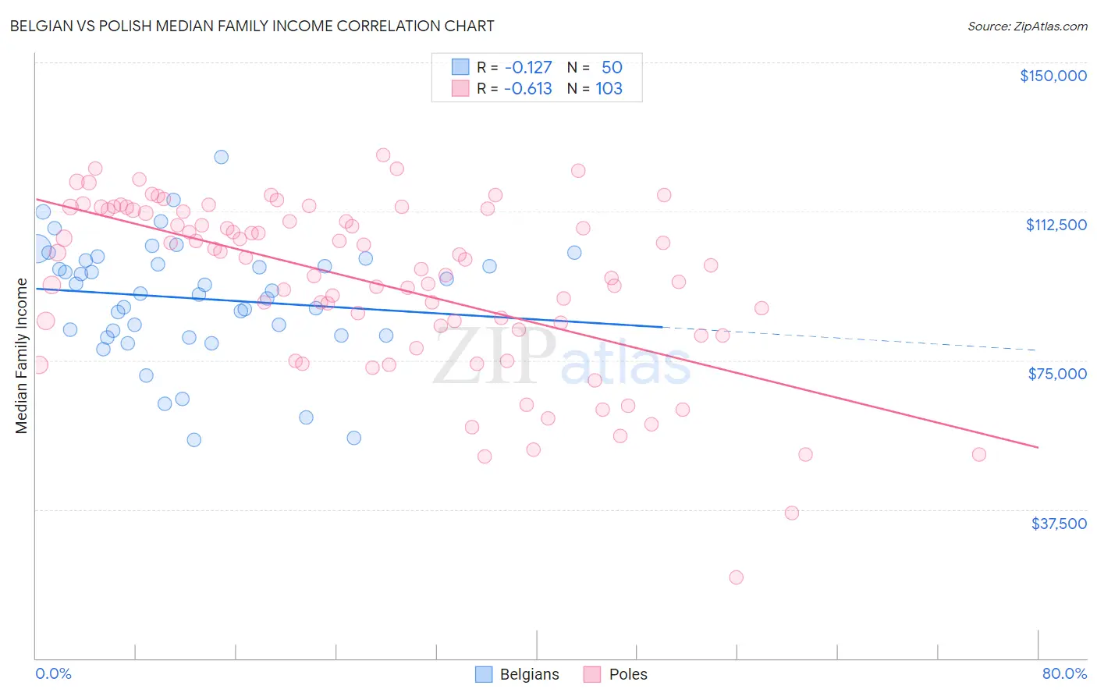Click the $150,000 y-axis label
[1053, 76]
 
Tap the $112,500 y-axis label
[1056, 225]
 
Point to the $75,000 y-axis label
[1057, 374]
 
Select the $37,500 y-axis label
[1059, 524]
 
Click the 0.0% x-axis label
[53, 673]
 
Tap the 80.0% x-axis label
[1064, 673]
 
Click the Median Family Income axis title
[22, 356]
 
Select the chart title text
[252, 26]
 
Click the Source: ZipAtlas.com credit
[1027, 27]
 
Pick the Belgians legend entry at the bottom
[517, 674]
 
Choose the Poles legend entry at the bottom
[616, 674]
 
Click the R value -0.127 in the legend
[527, 67]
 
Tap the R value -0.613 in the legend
[527, 88]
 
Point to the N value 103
[609, 88]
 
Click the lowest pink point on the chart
[736, 577]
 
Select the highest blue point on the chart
[222, 157]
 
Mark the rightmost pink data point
[979, 454]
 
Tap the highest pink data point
[383, 154]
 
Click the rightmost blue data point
[574, 252]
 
